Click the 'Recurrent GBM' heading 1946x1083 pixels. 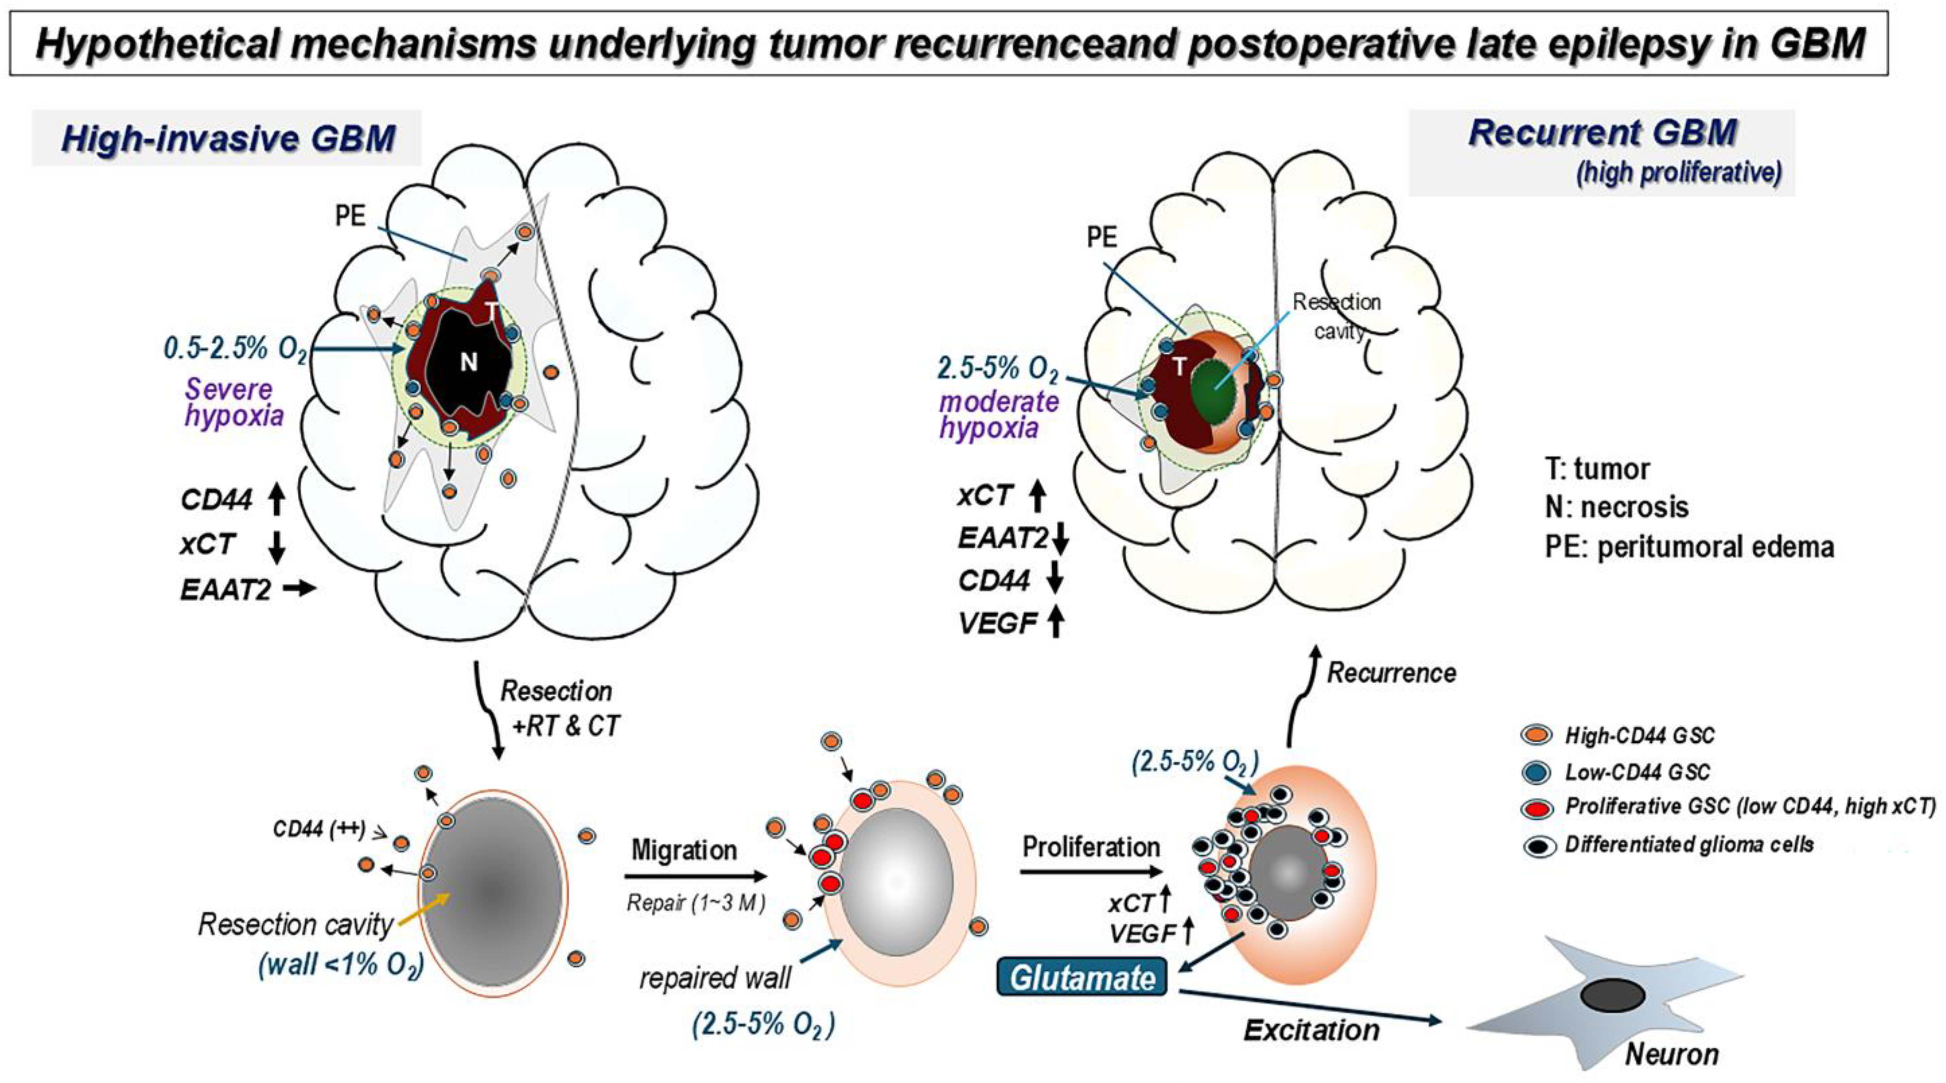pyautogui.click(x=1602, y=134)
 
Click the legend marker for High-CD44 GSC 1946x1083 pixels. pyautogui.click(x=1538, y=735)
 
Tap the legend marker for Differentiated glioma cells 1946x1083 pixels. pyautogui.click(x=1538, y=845)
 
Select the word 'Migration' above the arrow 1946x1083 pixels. pyautogui.click(x=684, y=850)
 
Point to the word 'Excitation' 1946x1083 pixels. pyautogui.click(x=1312, y=1030)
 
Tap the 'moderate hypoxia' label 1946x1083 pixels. pyautogui.click(x=999, y=415)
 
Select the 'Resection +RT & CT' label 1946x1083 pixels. pyautogui.click(x=559, y=708)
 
